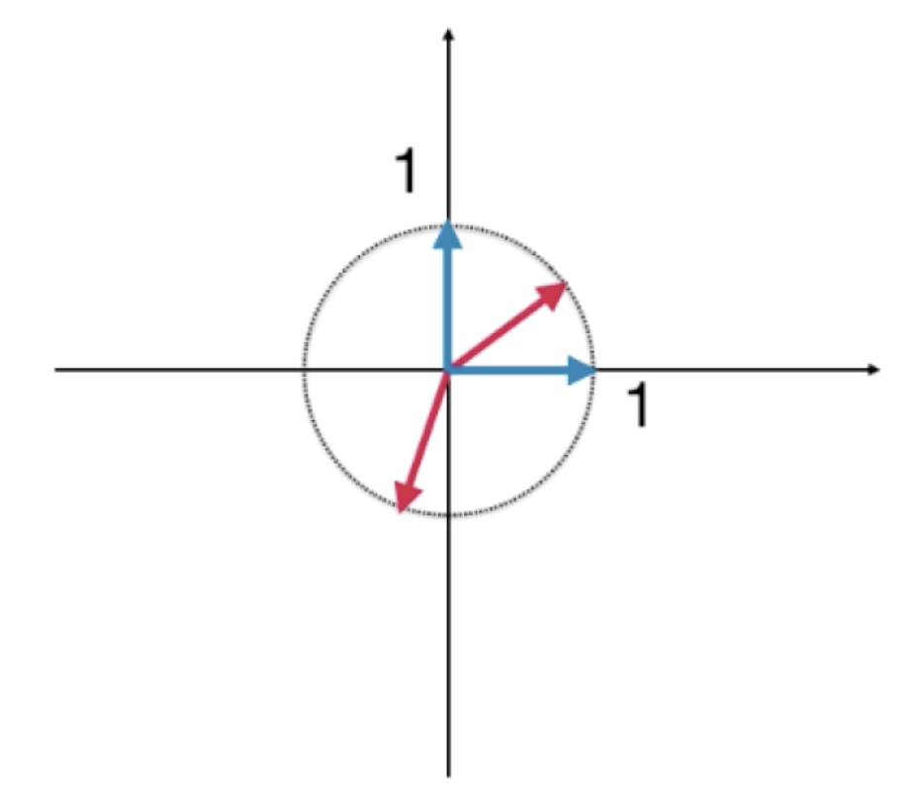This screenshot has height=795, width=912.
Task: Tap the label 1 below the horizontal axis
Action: coord(638,405)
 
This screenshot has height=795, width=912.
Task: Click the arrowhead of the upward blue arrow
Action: coord(447,234)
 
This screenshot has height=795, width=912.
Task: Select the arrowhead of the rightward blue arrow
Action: coord(581,370)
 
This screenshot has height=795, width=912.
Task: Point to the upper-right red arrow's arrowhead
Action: coord(553,294)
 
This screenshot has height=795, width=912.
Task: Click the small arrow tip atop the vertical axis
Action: coord(448,34)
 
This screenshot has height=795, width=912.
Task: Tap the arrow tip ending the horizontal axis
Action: coord(873,369)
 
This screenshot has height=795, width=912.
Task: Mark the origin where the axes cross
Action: coord(448,369)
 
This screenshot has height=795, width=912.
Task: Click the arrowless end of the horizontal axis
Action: coord(55,369)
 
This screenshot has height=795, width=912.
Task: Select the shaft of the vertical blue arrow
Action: coord(447,309)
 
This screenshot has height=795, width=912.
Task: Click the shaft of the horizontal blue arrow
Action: coord(507,370)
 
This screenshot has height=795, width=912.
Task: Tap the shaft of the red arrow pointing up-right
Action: coord(497,334)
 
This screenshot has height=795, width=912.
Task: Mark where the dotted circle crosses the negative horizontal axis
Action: coord(303,369)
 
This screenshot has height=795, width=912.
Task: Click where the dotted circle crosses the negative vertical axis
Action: coord(448,515)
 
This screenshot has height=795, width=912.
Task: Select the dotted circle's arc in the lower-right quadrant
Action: coord(551,473)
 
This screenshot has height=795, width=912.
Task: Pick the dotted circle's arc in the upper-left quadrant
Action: coord(345,267)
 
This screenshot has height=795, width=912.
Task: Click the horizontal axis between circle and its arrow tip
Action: coord(733,369)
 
